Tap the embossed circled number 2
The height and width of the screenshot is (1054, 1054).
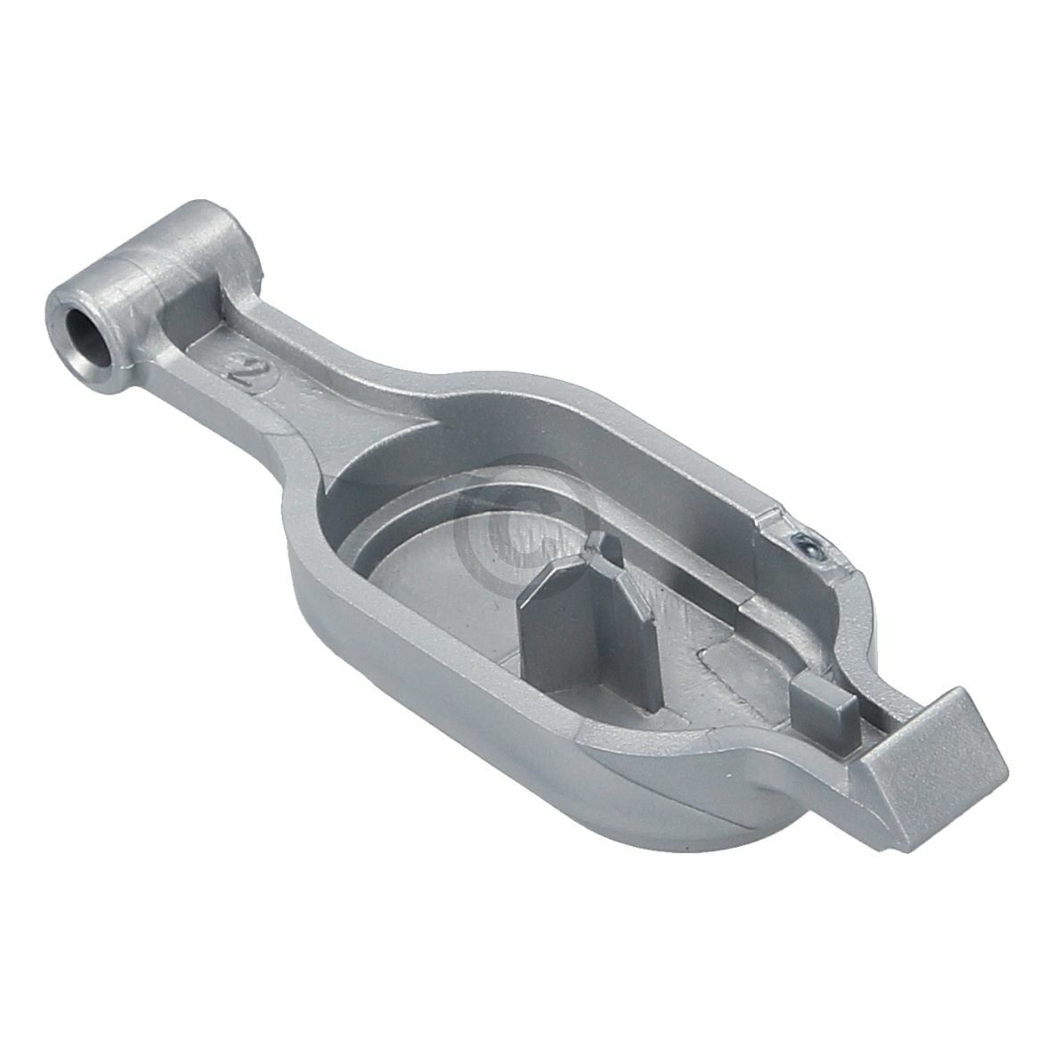(245, 366)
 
